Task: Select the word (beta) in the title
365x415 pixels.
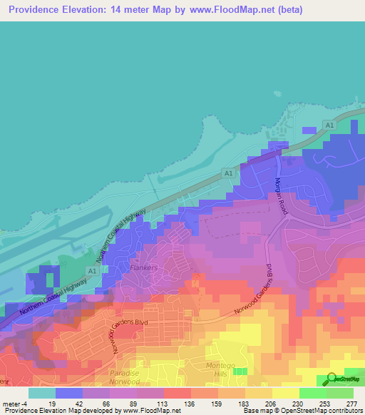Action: pyautogui.click(x=289, y=10)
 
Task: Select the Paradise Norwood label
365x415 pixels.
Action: pyautogui.click(x=130, y=377)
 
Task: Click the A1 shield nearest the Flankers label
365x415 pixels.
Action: pyautogui.click(x=91, y=270)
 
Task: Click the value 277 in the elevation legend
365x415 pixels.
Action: pyautogui.click(x=351, y=404)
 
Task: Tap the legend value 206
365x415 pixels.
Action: pyautogui.click(x=257, y=404)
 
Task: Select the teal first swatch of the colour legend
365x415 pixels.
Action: pyautogui.click(x=42, y=393)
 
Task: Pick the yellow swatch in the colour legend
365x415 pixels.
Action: pyautogui.click(x=286, y=393)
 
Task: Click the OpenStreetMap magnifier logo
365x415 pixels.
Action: pyautogui.click(x=331, y=379)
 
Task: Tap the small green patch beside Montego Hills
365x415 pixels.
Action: pyautogui.click(x=242, y=372)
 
